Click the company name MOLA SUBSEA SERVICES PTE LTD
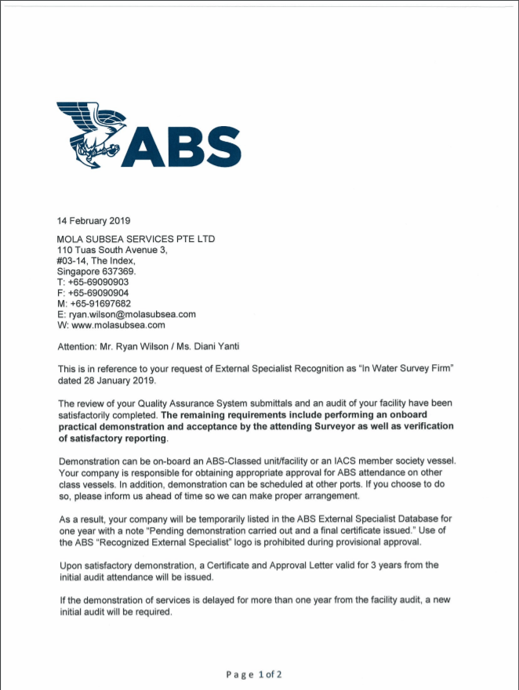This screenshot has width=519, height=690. pos(136,239)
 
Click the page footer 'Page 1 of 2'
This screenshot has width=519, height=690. pos(253,674)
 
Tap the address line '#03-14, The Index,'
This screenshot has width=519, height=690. pos(96,261)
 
